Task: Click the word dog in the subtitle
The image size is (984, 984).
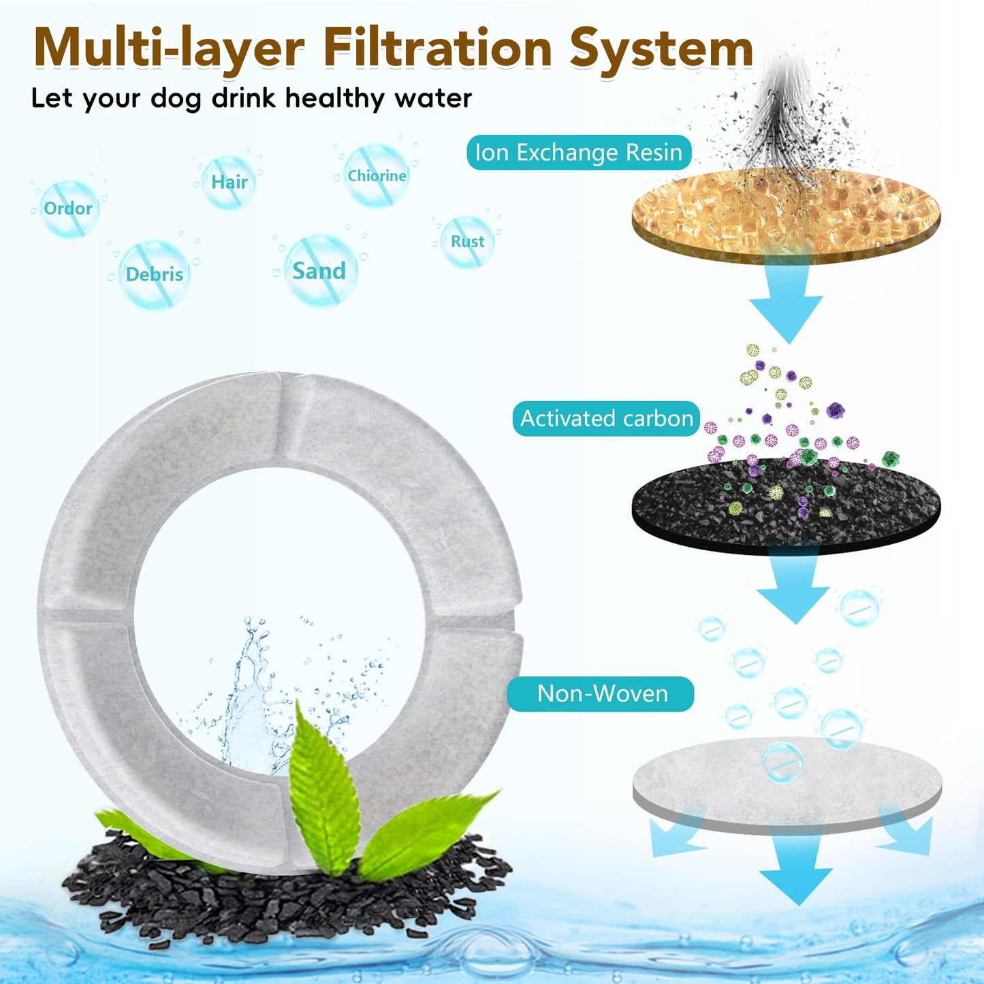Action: point(176,98)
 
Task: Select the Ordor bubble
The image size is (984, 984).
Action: point(68,208)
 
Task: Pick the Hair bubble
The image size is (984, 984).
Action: point(229,182)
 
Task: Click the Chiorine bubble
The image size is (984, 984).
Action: point(377,176)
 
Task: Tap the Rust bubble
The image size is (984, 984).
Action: point(468,241)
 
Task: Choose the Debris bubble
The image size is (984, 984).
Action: point(155,274)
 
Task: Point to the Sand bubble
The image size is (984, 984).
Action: point(319,271)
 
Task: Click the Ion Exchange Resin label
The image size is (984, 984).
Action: point(579,153)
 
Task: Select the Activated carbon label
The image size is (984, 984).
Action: point(606,418)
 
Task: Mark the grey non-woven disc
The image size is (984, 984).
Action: point(787,783)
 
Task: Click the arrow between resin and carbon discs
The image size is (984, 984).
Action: point(787,300)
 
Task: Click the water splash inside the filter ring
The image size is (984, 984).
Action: point(249,701)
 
